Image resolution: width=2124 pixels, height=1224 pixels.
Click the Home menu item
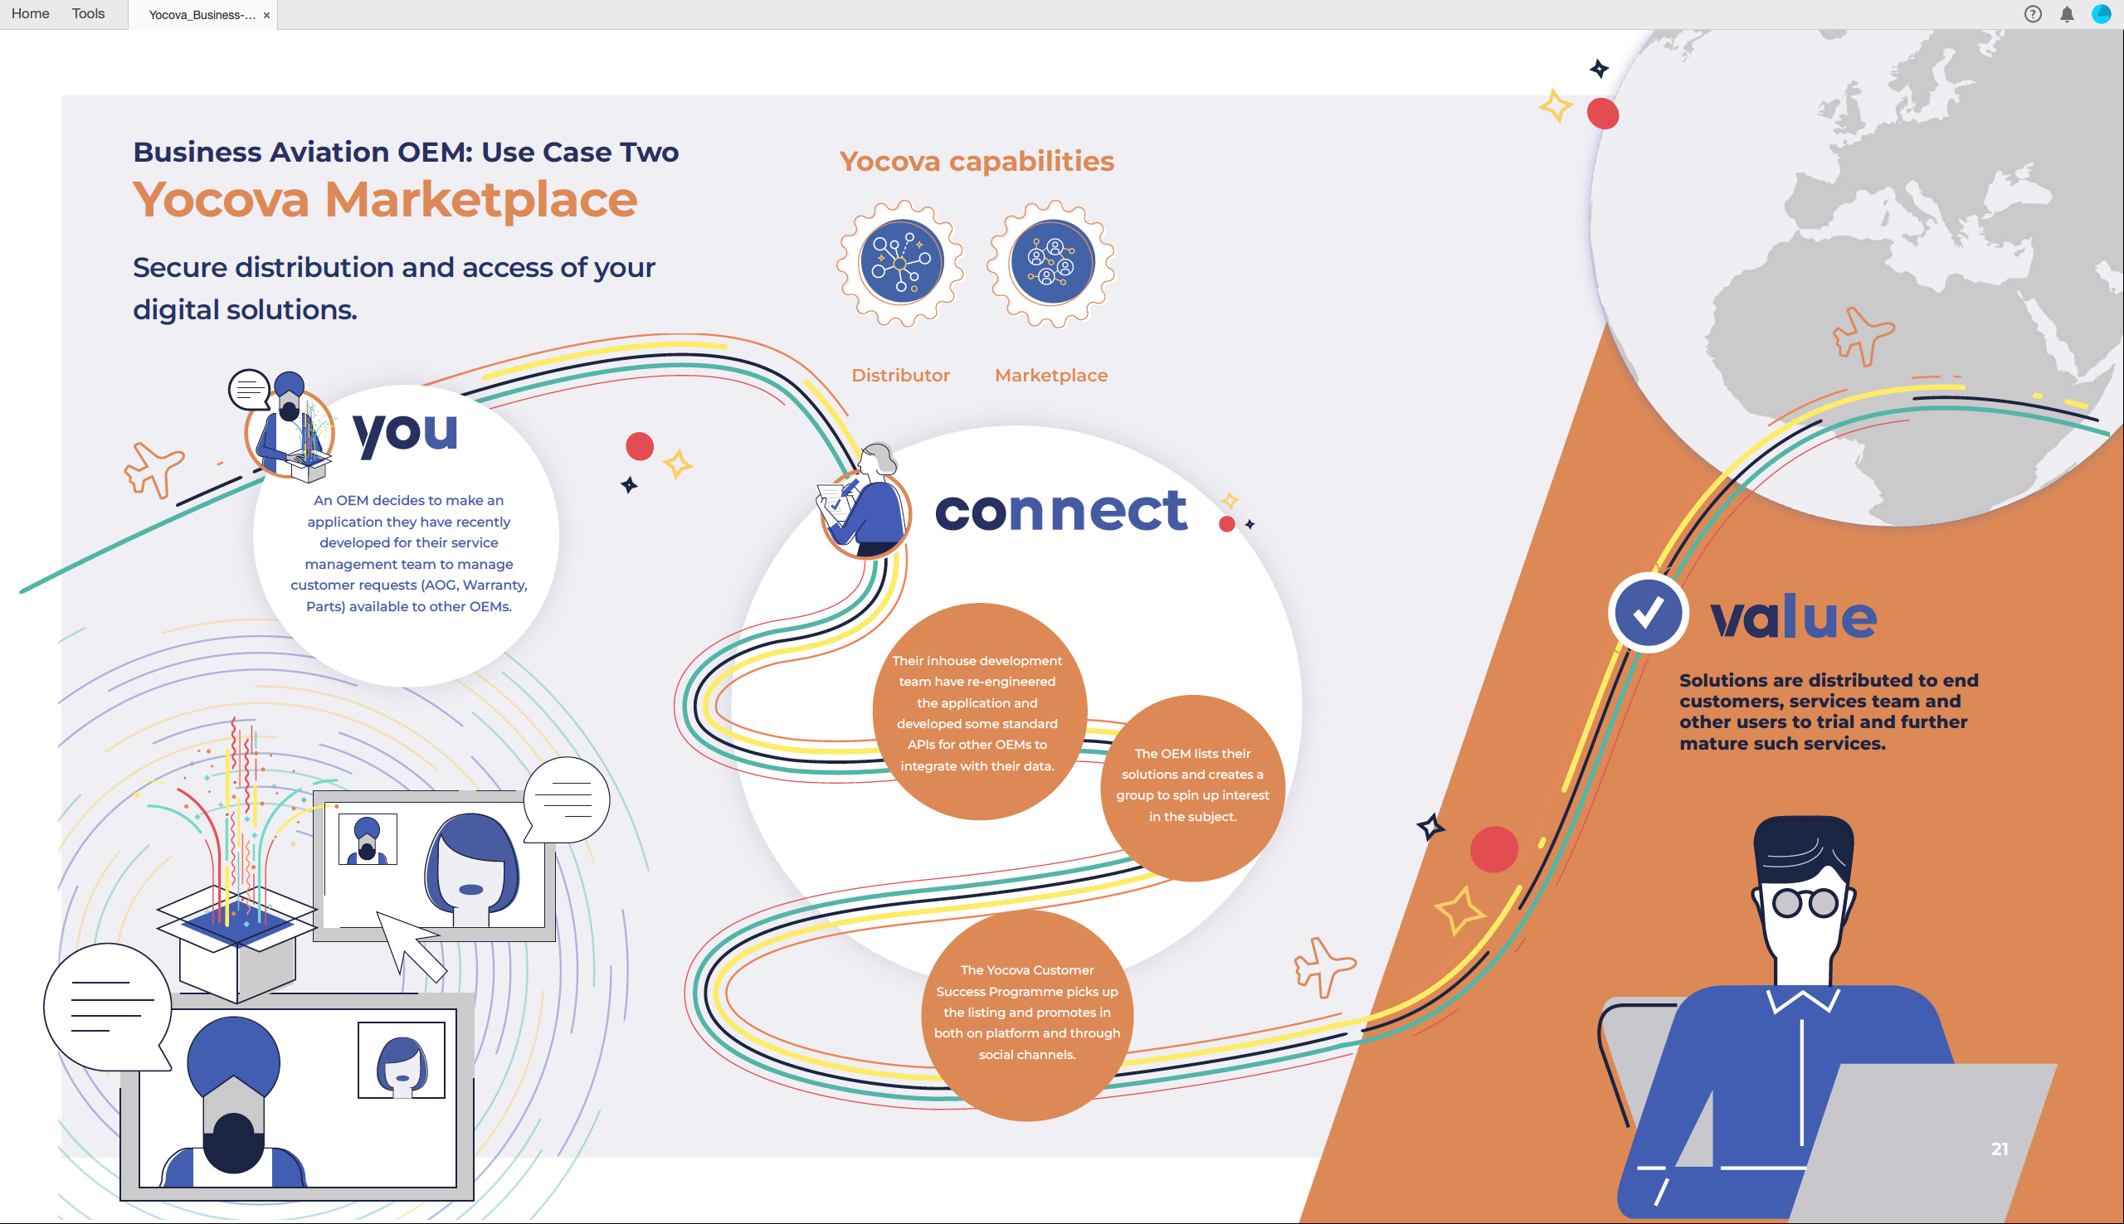coord(30,13)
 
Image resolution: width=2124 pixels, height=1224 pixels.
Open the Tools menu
coord(88,13)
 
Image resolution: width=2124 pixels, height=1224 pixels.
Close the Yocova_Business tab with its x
coord(266,15)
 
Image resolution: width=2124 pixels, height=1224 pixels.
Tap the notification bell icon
coord(2067,14)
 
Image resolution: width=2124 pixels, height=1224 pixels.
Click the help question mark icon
coord(2033,14)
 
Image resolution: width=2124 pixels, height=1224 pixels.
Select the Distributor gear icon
coord(900,263)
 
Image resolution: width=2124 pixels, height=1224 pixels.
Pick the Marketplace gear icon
coord(1051,263)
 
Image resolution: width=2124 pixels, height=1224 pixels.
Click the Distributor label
coord(900,375)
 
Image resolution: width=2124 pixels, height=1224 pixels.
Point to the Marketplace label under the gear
coord(1051,375)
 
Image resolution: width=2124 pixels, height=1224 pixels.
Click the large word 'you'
coord(405,433)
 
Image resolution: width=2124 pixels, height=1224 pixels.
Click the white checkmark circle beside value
coord(1648,613)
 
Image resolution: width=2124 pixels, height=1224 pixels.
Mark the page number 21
coord(2000,1149)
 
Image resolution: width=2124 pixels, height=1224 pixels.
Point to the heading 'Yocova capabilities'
coord(977,161)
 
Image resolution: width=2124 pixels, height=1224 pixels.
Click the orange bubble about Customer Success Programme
coord(1026,1013)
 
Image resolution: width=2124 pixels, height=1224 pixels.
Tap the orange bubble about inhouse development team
coord(977,712)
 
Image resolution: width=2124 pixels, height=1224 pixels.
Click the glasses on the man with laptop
coord(1805,904)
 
